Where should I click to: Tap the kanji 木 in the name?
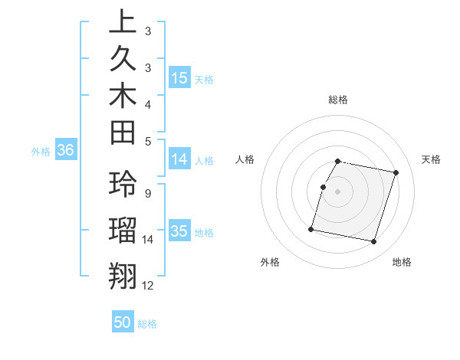point(123,98)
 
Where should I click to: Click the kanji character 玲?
point(123,185)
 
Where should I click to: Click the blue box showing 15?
point(179,77)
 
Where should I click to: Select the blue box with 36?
point(65,151)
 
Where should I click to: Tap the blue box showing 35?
point(179,232)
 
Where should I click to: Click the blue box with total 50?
point(123,322)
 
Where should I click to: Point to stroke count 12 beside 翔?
point(148,286)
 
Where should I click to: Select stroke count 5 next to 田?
point(147,141)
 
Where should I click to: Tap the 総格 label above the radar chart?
point(338,100)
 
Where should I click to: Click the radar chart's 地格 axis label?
point(402,262)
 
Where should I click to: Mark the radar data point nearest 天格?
point(396,173)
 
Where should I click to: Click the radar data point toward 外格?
point(311,229)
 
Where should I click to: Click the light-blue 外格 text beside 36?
point(41,152)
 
